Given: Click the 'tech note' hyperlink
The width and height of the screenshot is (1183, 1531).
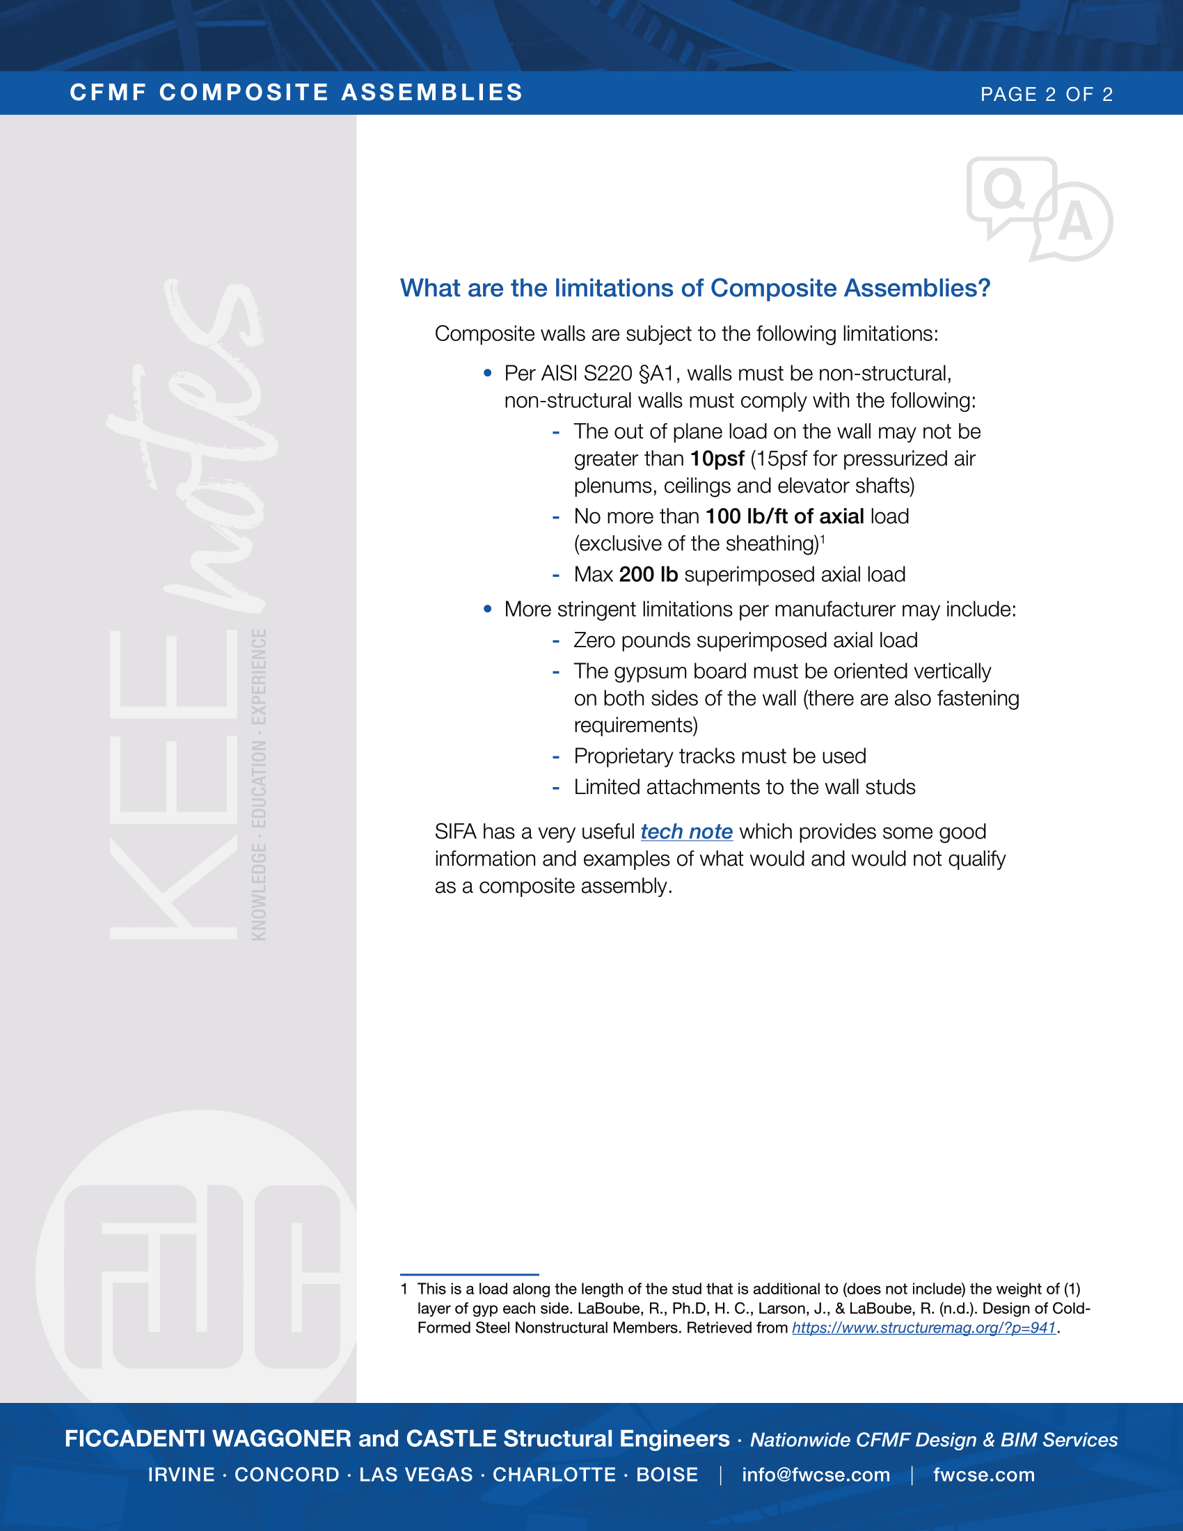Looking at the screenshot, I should click(x=686, y=832).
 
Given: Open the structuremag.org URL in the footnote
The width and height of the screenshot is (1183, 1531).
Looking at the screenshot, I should click(x=923, y=1328).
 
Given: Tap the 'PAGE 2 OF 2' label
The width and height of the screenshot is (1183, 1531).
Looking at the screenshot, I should click(x=1047, y=94).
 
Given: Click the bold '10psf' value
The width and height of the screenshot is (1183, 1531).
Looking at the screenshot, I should click(x=717, y=459).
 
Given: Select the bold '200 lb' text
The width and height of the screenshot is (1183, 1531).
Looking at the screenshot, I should click(x=649, y=574).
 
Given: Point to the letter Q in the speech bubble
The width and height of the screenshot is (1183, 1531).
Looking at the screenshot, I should click(x=1003, y=189).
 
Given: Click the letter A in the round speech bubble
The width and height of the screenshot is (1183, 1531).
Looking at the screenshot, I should click(x=1074, y=222).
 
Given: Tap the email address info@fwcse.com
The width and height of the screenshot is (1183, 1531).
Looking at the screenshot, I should click(x=816, y=1475).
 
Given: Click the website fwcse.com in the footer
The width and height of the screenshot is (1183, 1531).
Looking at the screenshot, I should click(x=983, y=1475).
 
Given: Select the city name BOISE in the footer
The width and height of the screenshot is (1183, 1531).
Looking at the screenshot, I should click(x=667, y=1475).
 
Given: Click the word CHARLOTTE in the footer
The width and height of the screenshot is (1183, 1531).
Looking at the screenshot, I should click(x=555, y=1475).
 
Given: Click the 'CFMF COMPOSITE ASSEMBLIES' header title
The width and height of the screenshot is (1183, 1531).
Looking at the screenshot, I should click(x=296, y=93).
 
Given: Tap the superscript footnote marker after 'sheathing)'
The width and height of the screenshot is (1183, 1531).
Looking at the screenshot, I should click(x=823, y=539).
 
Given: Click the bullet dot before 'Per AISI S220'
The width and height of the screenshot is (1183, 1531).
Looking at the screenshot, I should click(x=488, y=374).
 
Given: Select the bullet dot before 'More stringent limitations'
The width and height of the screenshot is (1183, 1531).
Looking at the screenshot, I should click(x=488, y=609).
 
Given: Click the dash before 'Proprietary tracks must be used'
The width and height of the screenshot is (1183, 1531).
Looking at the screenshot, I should click(x=556, y=756).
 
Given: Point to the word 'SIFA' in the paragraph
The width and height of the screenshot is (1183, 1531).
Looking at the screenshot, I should click(x=456, y=832).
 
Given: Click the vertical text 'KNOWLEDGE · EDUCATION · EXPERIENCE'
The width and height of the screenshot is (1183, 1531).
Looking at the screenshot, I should click(x=259, y=784).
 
